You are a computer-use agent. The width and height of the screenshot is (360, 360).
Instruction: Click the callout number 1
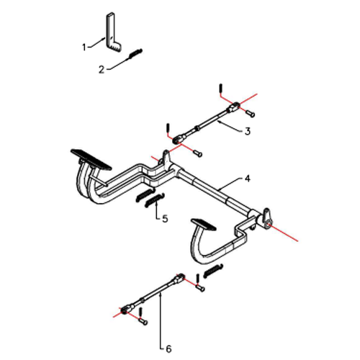pyautogui.click(x=84, y=47)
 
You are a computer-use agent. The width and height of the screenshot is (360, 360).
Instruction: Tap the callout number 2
pyautogui.click(x=102, y=70)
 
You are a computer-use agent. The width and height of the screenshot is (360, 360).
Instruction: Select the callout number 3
pyautogui.click(x=248, y=131)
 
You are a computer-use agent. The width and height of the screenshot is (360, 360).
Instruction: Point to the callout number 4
pyautogui.click(x=248, y=179)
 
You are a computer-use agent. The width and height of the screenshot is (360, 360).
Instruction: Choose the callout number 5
pyautogui.click(x=165, y=219)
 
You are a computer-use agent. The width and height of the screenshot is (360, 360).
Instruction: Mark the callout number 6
pyautogui.click(x=168, y=349)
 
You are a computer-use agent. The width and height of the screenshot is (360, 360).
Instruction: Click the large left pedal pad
pyautogui.click(x=91, y=159)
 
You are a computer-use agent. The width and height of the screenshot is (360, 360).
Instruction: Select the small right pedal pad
pyautogui.click(x=203, y=224)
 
